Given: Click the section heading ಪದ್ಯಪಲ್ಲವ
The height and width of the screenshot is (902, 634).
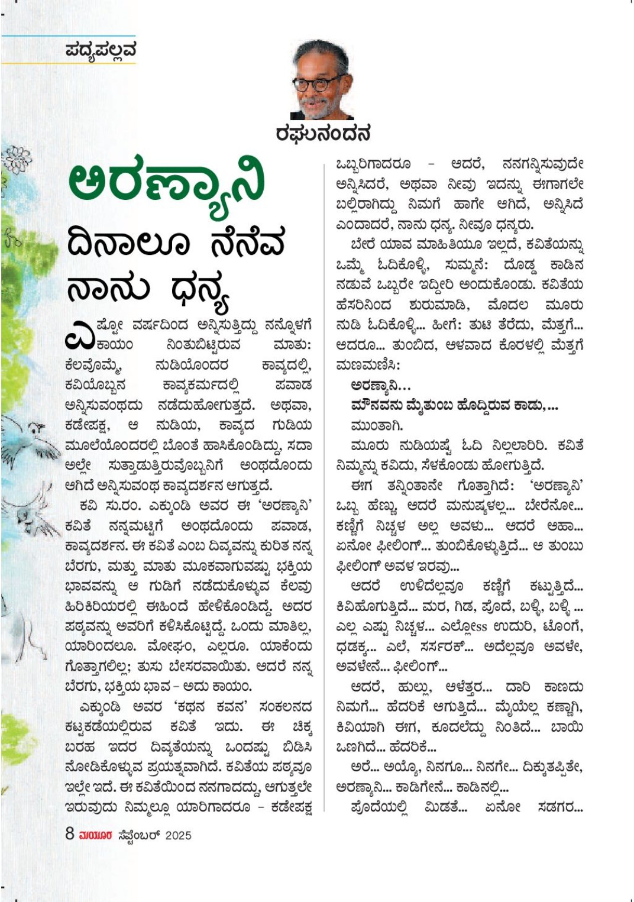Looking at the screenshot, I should tap(101, 51).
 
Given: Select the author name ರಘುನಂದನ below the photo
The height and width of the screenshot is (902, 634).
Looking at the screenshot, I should tap(323, 134).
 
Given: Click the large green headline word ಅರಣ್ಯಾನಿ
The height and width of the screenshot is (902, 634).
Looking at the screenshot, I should tap(166, 183).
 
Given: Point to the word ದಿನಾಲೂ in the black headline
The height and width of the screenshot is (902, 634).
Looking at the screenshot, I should tap(127, 243).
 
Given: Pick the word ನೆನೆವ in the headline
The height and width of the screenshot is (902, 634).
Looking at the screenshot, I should tap(248, 243).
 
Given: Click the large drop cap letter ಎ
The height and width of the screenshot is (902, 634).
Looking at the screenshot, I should tap(79, 335).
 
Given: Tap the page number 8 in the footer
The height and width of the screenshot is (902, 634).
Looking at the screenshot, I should tap(70, 834).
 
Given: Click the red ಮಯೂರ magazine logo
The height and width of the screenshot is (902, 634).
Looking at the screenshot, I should tap(95, 835).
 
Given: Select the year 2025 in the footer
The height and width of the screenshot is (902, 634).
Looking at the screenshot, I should tap(178, 835).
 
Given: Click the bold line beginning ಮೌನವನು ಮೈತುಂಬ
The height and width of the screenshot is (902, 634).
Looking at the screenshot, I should tap(454, 406).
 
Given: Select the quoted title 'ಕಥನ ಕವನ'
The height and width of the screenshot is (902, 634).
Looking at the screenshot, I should tap(214, 707).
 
